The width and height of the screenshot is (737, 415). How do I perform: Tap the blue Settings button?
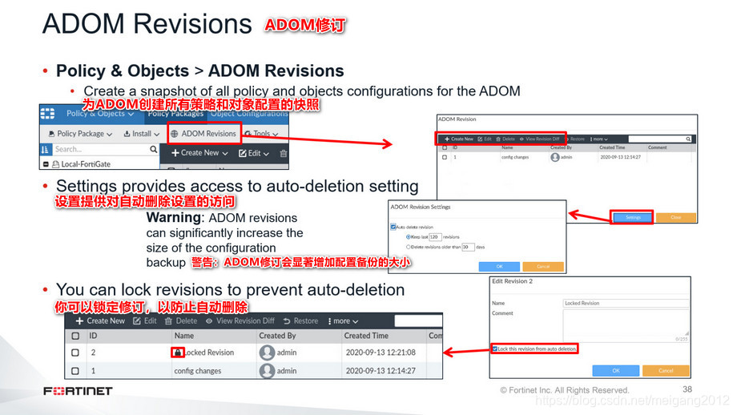[633, 217]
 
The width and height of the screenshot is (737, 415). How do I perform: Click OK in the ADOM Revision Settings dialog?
[498, 266]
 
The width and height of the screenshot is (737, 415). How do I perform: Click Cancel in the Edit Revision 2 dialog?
[666, 371]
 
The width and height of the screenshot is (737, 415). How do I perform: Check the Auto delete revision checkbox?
[393, 227]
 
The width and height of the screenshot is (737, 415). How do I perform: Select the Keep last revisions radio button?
[409, 237]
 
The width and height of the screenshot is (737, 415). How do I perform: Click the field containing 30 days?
[468, 248]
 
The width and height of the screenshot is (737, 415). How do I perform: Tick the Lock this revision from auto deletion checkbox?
[494, 349]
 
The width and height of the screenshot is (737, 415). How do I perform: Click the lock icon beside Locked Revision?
[178, 353]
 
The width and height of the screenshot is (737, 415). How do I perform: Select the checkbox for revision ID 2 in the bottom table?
[75, 353]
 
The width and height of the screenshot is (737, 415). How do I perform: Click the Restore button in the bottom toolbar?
[300, 320]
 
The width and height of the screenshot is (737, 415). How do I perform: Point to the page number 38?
[687, 389]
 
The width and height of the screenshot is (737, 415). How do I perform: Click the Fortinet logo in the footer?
[78, 391]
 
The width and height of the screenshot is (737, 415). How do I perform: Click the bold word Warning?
[173, 218]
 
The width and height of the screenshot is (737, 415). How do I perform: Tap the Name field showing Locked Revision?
[625, 304]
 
